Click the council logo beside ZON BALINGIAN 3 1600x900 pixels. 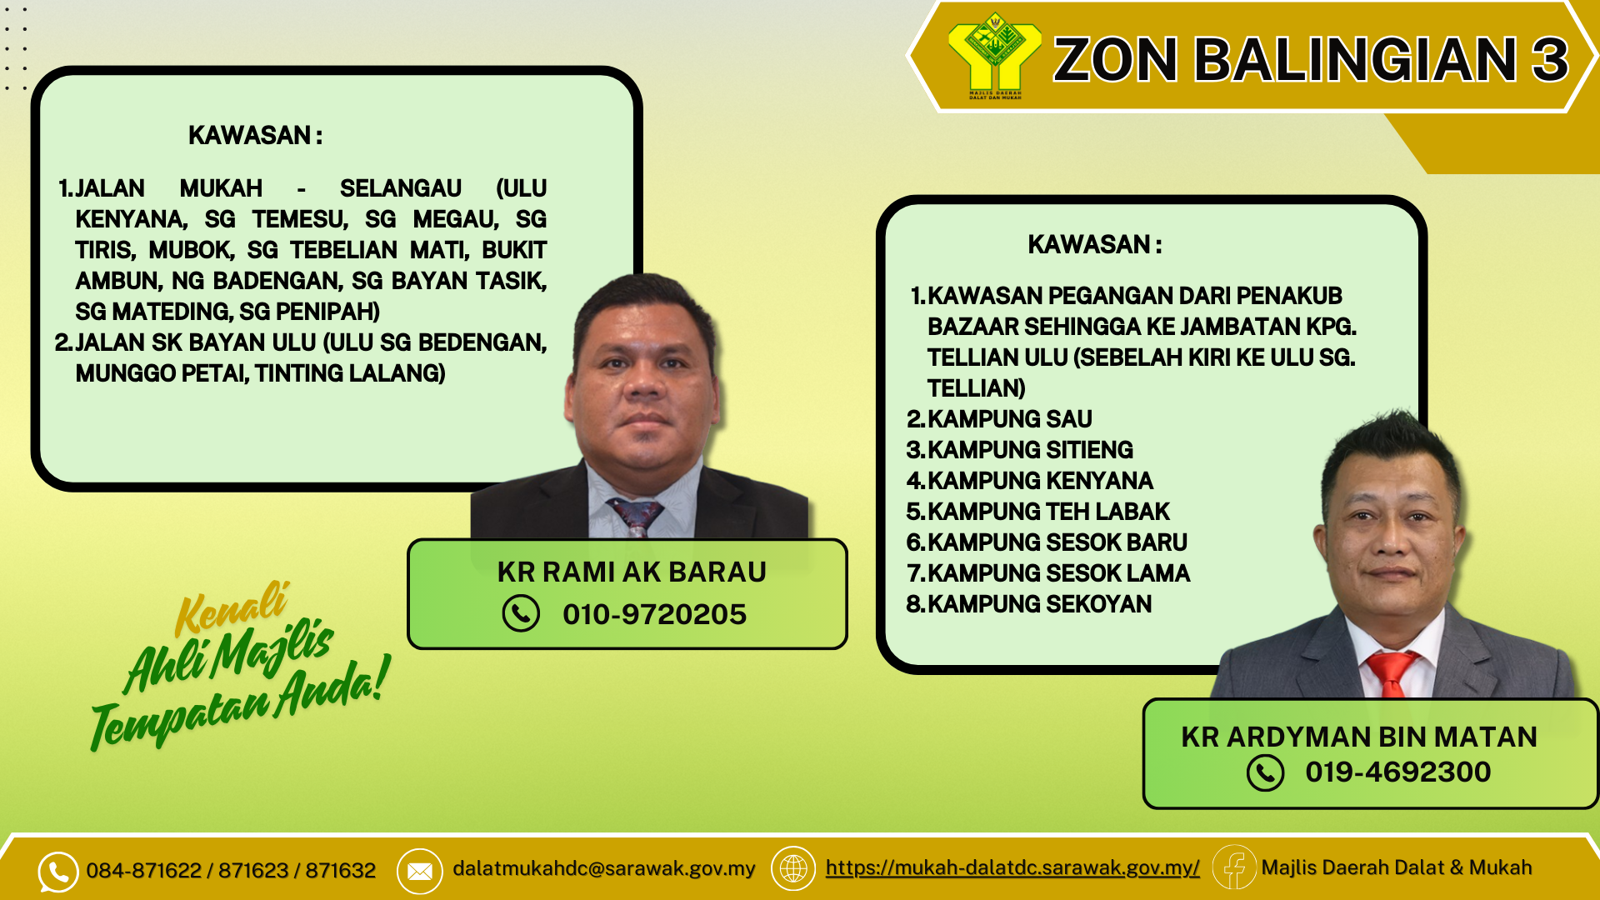994,55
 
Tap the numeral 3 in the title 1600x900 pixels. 1550,60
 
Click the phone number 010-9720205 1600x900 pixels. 654,614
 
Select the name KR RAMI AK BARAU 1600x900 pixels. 632,572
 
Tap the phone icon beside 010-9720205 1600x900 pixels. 521,614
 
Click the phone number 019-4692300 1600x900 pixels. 1397,772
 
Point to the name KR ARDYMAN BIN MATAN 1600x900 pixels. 1359,737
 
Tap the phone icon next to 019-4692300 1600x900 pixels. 1265,772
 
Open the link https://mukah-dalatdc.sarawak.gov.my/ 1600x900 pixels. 1012,867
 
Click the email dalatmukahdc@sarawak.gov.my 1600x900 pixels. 603,868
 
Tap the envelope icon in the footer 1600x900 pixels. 419,871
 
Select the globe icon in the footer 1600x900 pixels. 793,868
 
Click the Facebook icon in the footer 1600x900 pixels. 1234,867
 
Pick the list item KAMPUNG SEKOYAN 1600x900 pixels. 1029,604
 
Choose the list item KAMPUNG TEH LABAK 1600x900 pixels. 1038,512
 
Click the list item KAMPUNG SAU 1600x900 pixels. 999,419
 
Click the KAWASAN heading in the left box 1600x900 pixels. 255,135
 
